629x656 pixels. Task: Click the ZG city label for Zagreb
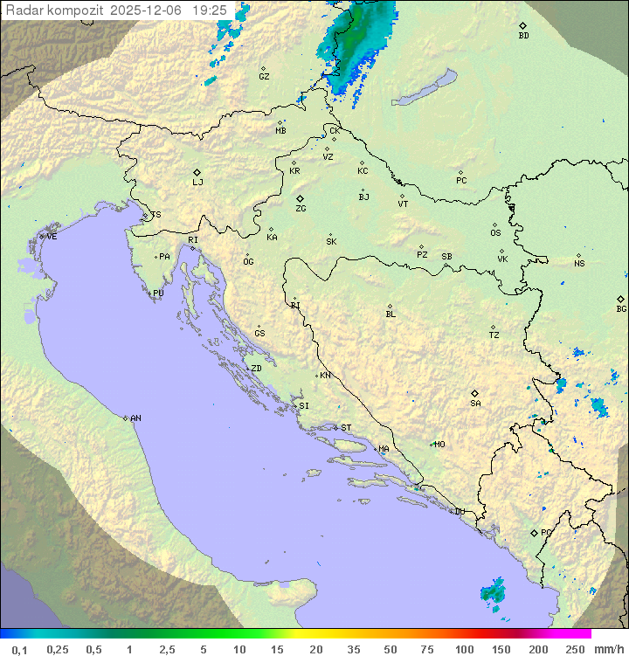[301, 209]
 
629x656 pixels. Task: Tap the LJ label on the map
[197, 183]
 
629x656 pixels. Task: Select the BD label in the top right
[523, 36]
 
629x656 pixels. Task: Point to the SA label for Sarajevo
[475, 404]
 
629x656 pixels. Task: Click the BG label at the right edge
[621, 308]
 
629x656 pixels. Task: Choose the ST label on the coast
[346, 428]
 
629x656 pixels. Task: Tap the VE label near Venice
[52, 237]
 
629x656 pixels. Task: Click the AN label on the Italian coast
[135, 418]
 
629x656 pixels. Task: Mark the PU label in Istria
[158, 293]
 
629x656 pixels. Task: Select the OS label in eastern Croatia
[495, 233]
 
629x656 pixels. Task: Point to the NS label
[579, 264]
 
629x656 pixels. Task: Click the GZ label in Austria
[264, 77]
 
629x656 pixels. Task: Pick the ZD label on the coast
[256, 369]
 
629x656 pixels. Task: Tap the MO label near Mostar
[439, 445]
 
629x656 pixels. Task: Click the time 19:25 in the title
[210, 10]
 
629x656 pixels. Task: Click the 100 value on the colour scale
[464, 649]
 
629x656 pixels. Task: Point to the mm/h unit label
[607, 649]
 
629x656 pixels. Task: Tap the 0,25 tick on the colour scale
[58, 649]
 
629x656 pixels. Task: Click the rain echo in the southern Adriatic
[494, 591]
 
